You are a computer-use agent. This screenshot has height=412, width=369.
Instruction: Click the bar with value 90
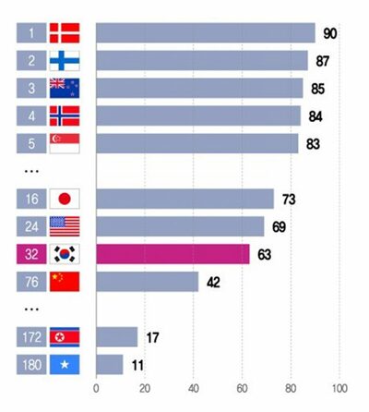pos(205,33)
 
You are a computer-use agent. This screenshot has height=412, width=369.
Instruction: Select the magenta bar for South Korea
pos(173,254)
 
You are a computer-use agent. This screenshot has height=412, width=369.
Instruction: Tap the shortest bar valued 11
pos(109,365)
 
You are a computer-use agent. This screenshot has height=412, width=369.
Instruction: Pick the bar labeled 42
pos(147,282)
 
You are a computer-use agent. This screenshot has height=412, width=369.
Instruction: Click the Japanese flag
pos(65,199)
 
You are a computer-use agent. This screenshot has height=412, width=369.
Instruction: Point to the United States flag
pos(65,226)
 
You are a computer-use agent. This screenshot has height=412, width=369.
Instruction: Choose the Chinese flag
pos(65,282)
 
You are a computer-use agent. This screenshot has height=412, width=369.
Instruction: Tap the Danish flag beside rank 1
pos(65,33)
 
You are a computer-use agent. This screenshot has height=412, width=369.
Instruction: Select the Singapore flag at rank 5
pos(65,144)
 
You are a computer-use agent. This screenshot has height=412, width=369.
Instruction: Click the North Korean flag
pos(65,337)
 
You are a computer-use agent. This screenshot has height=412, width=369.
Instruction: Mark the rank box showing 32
pos(30,254)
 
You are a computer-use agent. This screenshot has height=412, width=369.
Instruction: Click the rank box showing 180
pos(30,365)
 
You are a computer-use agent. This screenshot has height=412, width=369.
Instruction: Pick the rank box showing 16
pos(30,199)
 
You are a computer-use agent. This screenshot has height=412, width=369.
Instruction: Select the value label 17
pos(153,337)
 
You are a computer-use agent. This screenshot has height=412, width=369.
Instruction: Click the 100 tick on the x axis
pos(339,387)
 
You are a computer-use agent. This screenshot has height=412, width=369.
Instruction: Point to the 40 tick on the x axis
pos(194,387)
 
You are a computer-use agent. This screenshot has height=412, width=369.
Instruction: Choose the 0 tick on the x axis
pos(96,387)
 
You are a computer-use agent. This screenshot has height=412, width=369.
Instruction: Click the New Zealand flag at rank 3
pos(65,89)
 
